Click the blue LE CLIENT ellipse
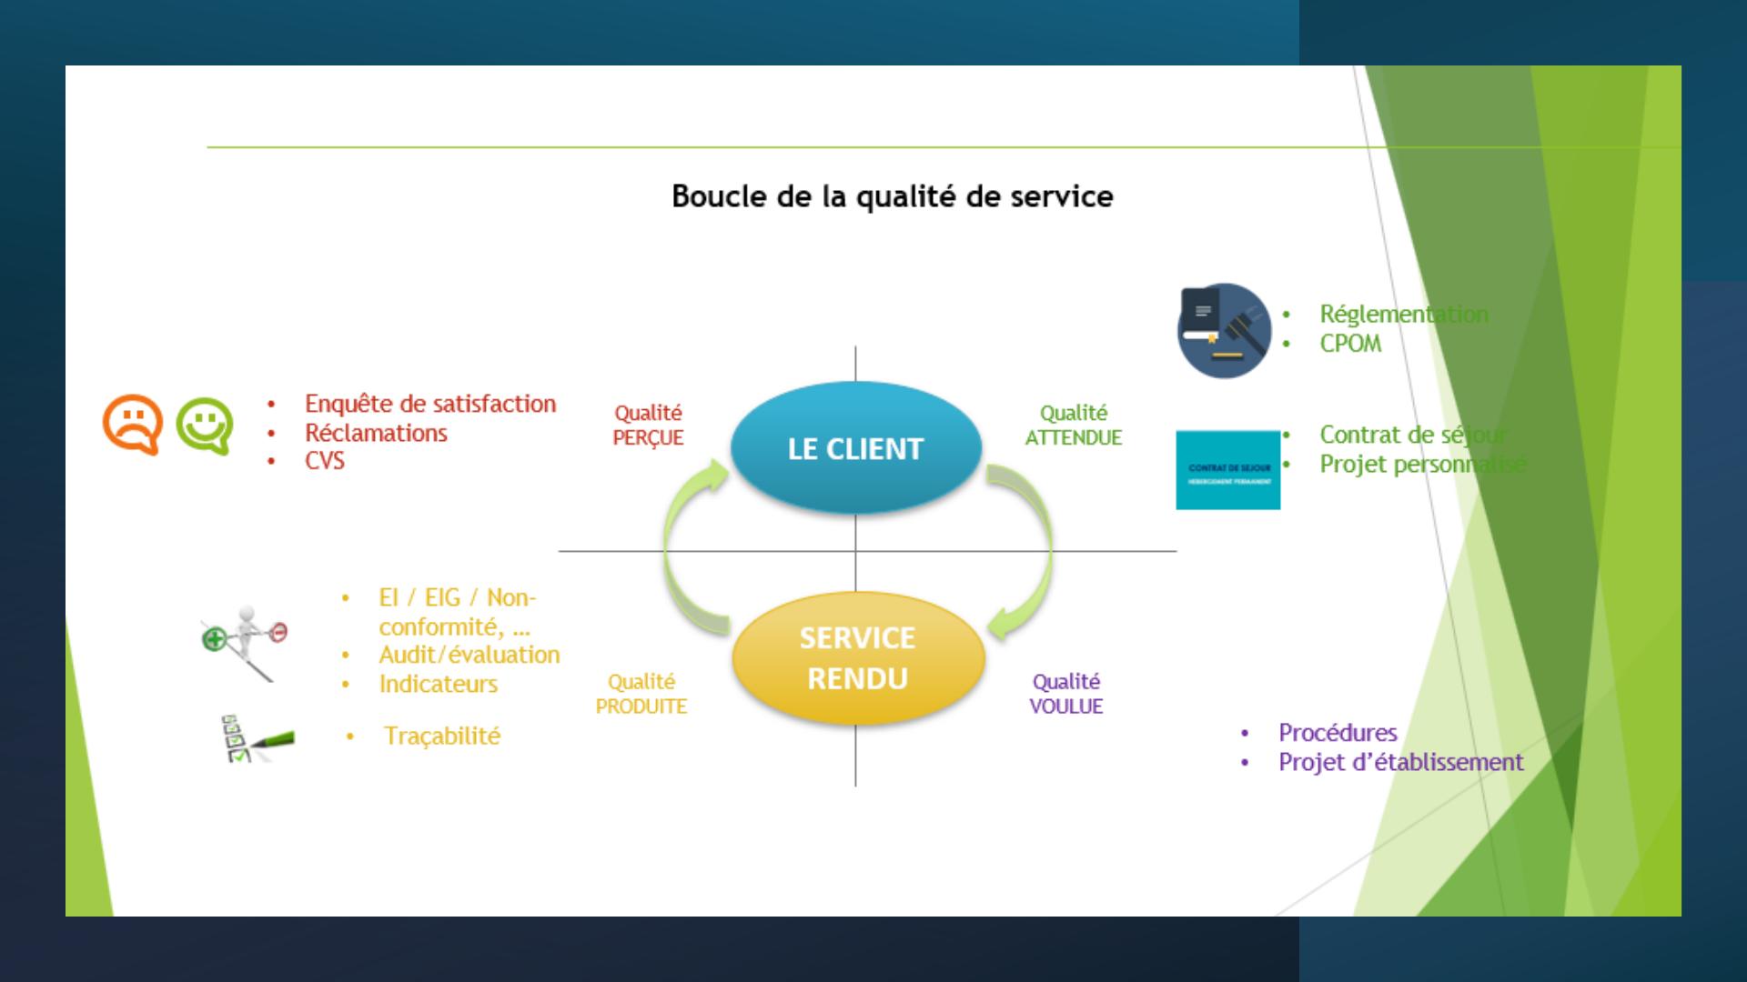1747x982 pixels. pos(855,447)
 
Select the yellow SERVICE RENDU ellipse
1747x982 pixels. pos(857,658)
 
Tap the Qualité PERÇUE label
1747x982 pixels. pos(648,426)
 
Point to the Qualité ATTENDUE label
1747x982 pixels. pos(1073,426)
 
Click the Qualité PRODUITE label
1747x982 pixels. pos(641,694)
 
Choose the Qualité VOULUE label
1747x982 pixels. pos(1065,694)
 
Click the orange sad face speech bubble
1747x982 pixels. pos(133,424)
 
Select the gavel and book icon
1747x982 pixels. pos(1224,330)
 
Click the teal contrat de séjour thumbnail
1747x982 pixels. pos(1227,470)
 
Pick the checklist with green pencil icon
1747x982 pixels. pos(257,738)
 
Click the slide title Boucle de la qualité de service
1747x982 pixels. pos(892,196)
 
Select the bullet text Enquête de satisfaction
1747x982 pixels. pos(429,404)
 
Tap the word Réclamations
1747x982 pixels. pos(376,433)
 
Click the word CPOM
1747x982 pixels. pos(1350,344)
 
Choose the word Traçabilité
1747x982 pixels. pos(441,736)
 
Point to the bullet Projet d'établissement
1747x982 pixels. pos(1400,762)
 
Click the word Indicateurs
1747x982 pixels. pos(438,684)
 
